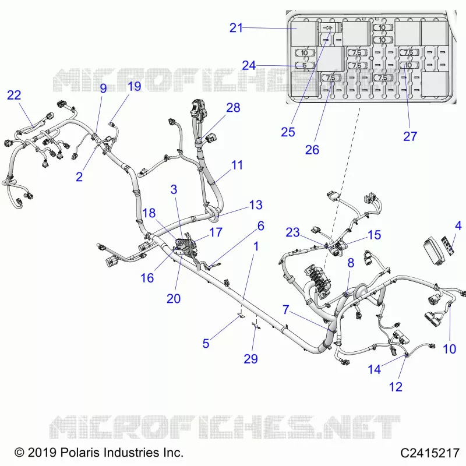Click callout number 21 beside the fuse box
click(x=236, y=28)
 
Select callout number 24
click(x=249, y=65)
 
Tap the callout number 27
click(x=410, y=136)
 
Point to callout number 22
click(x=14, y=95)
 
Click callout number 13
click(x=256, y=205)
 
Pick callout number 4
click(x=458, y=225)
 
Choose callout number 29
click(x=250, y=359)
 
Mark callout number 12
click(x=396, y=387)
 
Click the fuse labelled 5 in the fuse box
click(x=305, y=65)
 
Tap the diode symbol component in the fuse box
click(x=328, y=28)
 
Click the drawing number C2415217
click(x=430, y=453)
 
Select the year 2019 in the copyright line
click(x=42, y=453)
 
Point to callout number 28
click(x=234, y=108)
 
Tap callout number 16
click(x=147, y=278)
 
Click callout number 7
click(x=286, y=309)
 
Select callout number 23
click(x=293, y=232)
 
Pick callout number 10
click(x=449, y=349)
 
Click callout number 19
click(x=134, y=86)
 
